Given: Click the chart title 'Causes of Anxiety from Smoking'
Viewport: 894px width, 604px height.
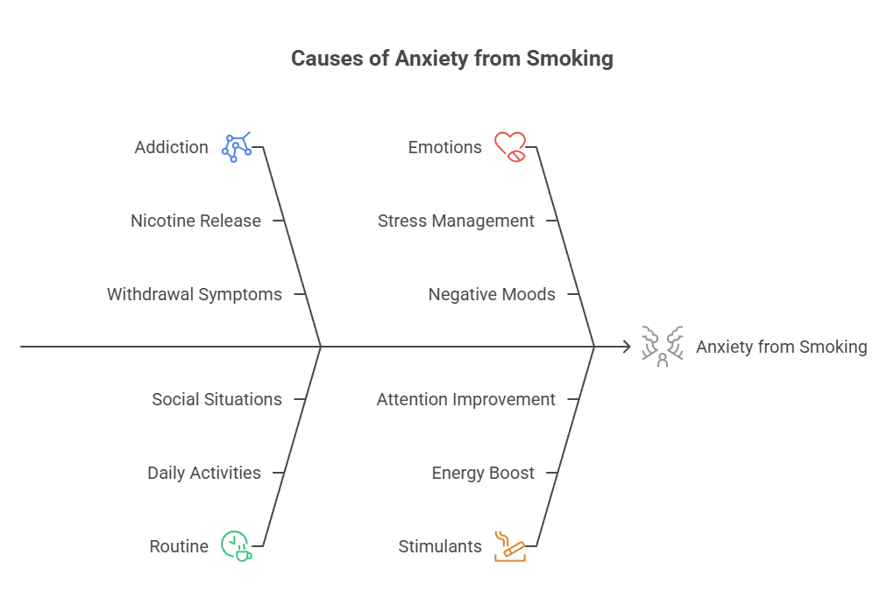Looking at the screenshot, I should [451, 59].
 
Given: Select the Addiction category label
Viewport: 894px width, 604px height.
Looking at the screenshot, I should [171, 147].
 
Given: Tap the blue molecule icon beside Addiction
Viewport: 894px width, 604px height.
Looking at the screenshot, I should [237, 147].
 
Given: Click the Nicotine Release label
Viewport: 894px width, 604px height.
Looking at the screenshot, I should [195, 221].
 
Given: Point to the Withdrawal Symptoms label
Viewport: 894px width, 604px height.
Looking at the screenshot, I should [194, 294].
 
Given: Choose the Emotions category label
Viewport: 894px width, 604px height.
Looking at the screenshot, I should [444, 147].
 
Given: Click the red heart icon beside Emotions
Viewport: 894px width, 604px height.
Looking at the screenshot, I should [510, 146].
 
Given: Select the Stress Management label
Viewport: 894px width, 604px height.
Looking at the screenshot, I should [456, 221].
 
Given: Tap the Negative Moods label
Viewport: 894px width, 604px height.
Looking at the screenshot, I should [491, 294].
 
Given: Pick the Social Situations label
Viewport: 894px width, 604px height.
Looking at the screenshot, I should [216, 399].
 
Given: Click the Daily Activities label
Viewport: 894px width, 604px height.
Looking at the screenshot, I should [203, 473].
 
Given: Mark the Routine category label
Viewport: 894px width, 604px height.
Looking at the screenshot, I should [179, 546].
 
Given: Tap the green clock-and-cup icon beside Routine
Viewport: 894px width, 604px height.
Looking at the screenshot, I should [236, 545].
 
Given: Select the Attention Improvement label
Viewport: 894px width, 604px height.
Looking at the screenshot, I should [465, 399].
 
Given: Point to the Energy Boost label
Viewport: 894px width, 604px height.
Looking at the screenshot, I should [482, 473].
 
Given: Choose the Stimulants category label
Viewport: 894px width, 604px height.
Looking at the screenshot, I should [440, 546].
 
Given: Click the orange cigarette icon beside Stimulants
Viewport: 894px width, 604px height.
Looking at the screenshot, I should [509, 545].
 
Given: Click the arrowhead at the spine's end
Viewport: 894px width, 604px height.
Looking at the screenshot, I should [627, 347].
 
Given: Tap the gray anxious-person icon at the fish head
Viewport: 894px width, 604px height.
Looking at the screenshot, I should [662, 346].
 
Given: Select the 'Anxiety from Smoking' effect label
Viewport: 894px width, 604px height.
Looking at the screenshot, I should [781, 347].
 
